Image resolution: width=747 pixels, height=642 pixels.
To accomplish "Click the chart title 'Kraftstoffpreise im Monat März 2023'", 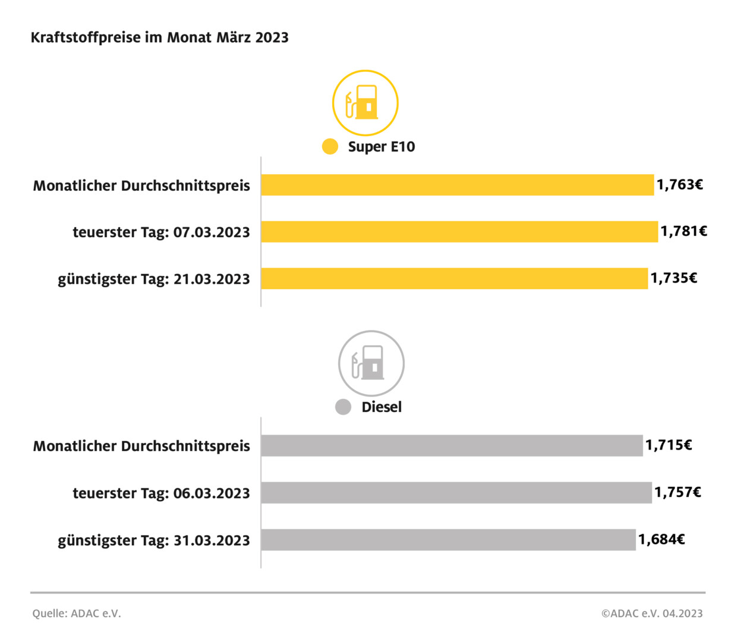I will [159, 37].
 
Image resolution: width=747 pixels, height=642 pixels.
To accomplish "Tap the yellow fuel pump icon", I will [365, 103].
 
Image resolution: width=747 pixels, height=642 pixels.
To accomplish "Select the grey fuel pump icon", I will [371, 363].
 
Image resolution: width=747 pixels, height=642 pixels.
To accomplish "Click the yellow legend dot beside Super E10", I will [330, 146].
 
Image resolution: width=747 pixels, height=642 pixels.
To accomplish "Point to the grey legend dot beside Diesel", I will [343, 407].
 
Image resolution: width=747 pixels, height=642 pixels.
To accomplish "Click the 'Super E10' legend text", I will [381, 147].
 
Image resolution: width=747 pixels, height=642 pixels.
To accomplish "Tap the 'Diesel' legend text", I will [382, 407].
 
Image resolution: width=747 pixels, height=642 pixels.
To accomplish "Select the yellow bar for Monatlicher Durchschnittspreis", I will [457, 185].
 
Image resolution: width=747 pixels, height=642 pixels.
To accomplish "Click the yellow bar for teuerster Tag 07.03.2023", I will [459, 232].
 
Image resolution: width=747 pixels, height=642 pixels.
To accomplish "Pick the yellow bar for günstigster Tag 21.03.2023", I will [454, 278].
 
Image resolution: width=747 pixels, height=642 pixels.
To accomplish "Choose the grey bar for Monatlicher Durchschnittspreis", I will [452, 445].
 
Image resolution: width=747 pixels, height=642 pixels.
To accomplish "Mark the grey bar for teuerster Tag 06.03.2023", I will [456, 492].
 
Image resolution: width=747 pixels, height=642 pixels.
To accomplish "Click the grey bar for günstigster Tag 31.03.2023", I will [448, 540].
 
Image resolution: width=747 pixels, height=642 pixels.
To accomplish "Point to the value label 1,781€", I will [683, 231].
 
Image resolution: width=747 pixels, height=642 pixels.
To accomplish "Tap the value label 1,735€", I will [673, 278].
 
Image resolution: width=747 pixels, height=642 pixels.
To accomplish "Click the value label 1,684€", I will [661, 540].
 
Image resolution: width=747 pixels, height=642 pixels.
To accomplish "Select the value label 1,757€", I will [677, 492].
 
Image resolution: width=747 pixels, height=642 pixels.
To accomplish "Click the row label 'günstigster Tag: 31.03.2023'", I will [153, 540].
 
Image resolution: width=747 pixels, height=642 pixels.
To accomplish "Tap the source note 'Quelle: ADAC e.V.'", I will [77, 613].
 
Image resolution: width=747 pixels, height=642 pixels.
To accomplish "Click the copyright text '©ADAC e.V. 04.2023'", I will [652, 613].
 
